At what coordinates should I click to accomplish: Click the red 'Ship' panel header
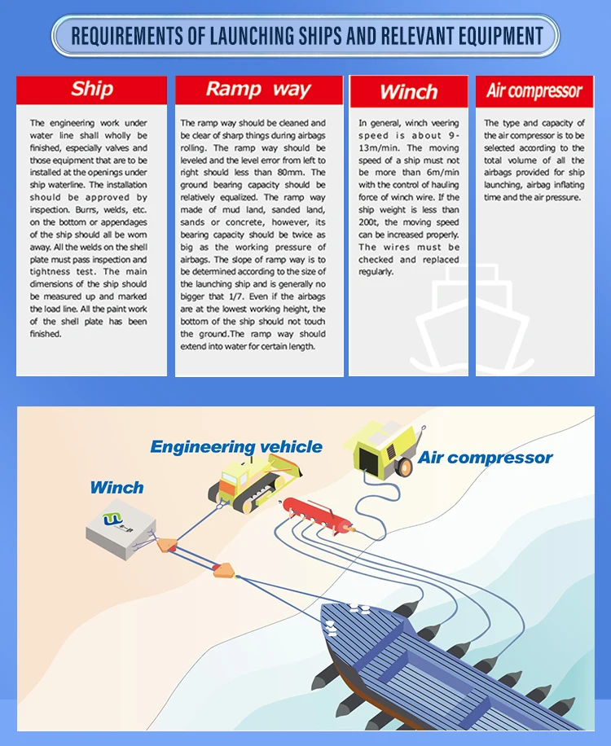[91, 90]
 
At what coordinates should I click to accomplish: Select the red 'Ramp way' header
[258, 90]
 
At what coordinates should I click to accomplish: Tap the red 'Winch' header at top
[408, 92]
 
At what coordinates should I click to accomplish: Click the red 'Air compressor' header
[534, 91]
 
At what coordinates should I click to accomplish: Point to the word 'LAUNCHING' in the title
[244, 36]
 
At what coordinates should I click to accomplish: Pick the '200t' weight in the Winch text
[371, 222]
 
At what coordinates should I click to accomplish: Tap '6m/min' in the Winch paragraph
[439, 173]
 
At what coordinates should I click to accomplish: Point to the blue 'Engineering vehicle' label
[236, 447]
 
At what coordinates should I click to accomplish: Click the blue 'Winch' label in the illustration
[116, 488]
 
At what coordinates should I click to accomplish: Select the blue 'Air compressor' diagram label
[485, 458]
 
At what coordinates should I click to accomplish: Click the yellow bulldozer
[244, 484]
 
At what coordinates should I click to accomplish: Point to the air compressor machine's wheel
[404, 467]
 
